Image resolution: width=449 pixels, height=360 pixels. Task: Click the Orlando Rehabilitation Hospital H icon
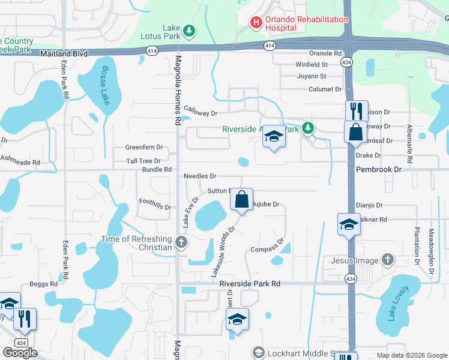[x=256, y=23]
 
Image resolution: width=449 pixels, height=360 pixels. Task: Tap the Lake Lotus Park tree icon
[x=189, y=30]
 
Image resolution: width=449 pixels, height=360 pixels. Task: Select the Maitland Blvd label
[x=64, y=53]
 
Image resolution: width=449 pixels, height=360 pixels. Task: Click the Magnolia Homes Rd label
[x=178, y=91]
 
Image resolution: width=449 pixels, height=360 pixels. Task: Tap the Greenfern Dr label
[x=144, y=147]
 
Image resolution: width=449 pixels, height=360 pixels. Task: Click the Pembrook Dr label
[x=378, y=170]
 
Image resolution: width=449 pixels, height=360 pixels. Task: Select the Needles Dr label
[x=200, y=176]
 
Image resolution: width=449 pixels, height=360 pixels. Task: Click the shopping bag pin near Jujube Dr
[x=241, y=199]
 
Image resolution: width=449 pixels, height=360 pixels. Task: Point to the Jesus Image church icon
[x=388, y=260]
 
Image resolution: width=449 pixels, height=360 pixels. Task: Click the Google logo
[x=20, y=353]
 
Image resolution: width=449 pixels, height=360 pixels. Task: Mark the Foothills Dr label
[x=155, y=204]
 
